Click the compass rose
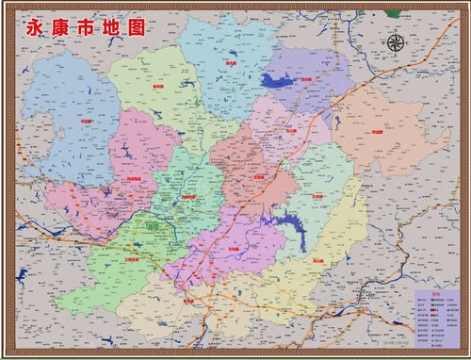tap(397, 42)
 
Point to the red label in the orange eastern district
tap(378, 133)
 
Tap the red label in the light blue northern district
tap(231, 64)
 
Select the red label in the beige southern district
tap(188, 301)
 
